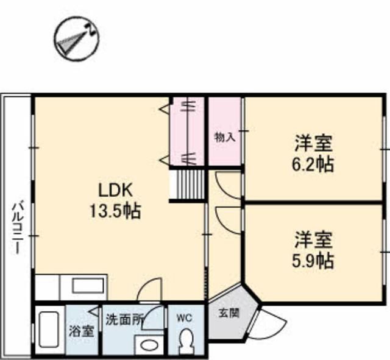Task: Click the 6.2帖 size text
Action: tap(314, 164)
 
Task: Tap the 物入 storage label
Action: tap(225, 137)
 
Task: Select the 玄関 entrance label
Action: tap(229, 314)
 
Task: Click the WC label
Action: tap(185, 318)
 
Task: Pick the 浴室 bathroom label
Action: tap(80, 333)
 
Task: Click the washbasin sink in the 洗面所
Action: tap(148, 345)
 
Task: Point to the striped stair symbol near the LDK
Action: tap(187, 185)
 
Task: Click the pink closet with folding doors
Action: tap(188, 130)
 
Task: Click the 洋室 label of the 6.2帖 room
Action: tap(314, 144)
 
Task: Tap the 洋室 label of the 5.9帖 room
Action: tap(314, 239)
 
